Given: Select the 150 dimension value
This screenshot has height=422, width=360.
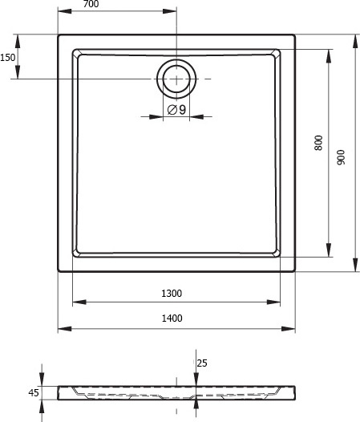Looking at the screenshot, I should (x=7, y=57).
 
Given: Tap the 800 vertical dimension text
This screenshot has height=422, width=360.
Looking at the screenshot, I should (x=318, y=143).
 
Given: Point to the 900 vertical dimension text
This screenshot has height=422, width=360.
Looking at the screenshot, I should (x=342, y=158).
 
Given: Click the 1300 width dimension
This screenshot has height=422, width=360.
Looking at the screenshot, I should (x=171, y=293).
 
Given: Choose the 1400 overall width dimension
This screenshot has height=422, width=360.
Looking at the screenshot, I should (x=171, y=319).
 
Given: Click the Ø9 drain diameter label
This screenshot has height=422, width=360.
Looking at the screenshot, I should (x=176, y=109).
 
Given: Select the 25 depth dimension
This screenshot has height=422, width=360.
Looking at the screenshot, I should (x=202, y=363).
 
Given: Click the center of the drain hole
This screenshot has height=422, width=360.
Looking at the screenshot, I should (x=176, y=78).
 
